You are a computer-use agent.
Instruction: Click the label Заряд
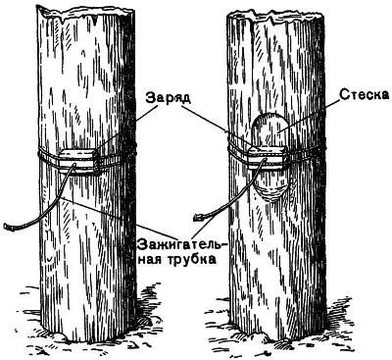tap(168, 97)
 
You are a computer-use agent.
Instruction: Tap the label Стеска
tap(365, 94)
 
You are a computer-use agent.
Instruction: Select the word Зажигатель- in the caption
tap(181, 245)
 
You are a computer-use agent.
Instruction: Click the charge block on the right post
tap(268, 158)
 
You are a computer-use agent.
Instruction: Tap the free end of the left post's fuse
tap(7, 226)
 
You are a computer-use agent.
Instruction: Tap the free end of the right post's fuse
tap(198, 216)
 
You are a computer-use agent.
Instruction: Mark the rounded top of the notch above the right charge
tap(270, 120)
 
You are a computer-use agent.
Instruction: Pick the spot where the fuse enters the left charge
tap(74, 165)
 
